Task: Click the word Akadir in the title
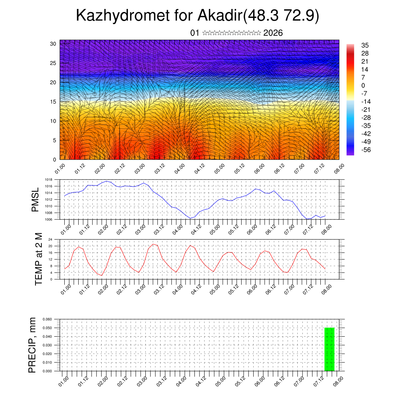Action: click(220, 16)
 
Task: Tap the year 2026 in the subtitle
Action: click(273, 33)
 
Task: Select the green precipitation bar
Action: click(329, 349)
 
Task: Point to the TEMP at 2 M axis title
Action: click(38, 259)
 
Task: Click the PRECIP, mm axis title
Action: click(32, 345)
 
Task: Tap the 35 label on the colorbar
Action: click(365, 45)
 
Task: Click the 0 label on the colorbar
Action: click(363, 85)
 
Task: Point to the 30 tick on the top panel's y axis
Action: click(53, 44)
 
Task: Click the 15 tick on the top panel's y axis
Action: click(53, 102)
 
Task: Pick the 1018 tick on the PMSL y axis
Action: click(48, 180)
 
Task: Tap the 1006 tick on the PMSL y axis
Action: click(48, 219)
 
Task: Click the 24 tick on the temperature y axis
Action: click(50, 239)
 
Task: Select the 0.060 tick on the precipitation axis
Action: click(47, 319)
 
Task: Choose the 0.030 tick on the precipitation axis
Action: click(47, 345)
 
